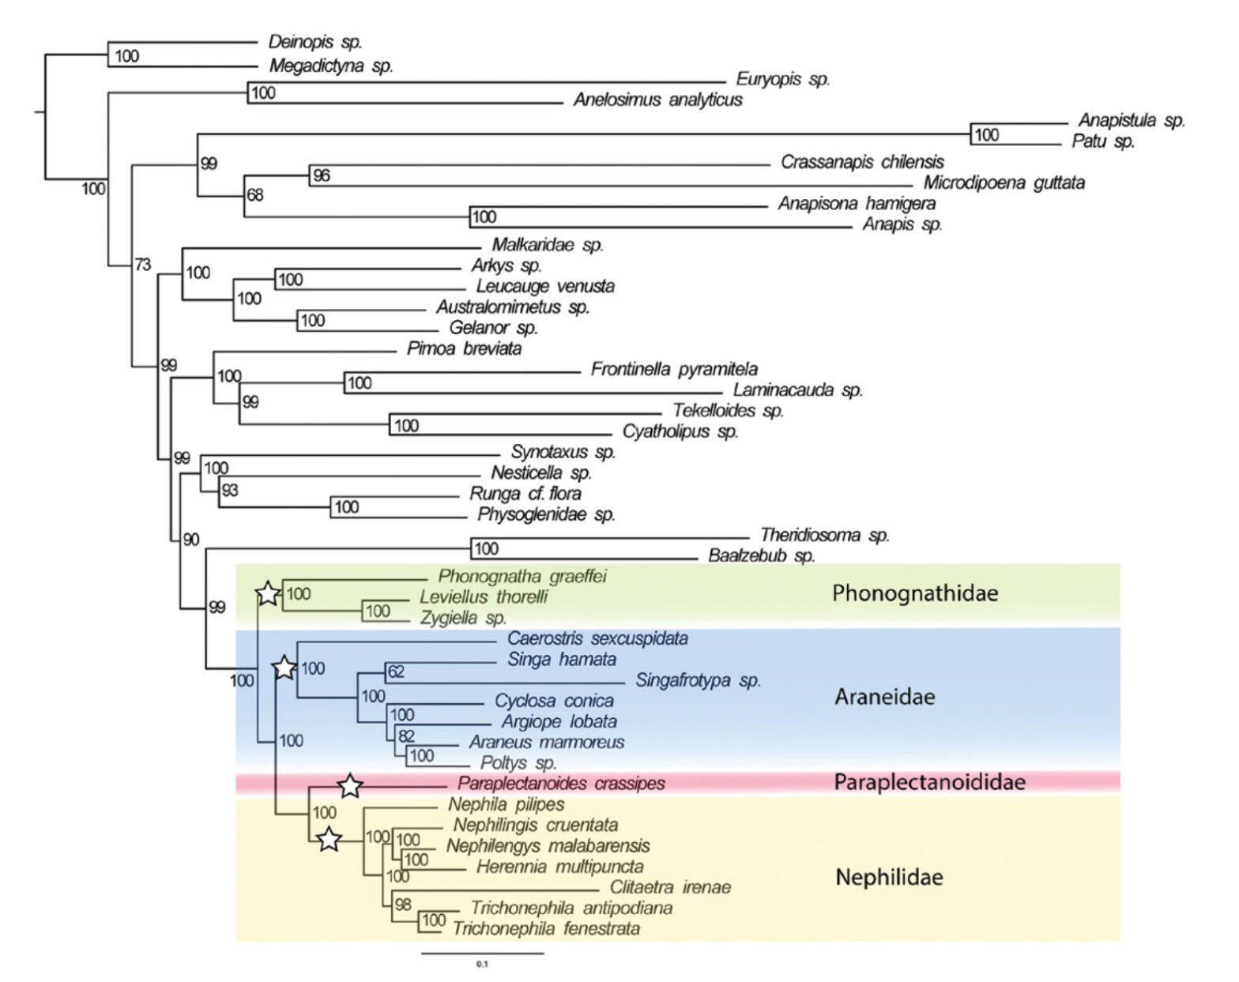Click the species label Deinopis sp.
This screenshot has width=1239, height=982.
(x=314, y=42)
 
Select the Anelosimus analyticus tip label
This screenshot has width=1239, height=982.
(x=657, y=100)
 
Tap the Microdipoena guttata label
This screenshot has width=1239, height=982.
(x=1004, y=182)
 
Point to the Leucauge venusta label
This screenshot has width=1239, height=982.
(x=544, y=286)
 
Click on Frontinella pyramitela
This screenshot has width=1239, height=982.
(x=674, y=369)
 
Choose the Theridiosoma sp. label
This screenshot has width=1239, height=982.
(x=824, y=535)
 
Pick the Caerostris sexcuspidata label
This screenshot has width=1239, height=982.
(x=597, y=638)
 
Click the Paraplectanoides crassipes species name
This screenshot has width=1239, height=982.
(x=561, y=783)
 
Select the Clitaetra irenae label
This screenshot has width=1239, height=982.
(x=670, y=887)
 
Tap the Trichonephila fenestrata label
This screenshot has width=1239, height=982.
(x=546, y=928)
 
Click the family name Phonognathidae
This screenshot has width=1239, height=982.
(x=915, y=593)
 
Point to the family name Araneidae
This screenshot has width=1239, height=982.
(x=884, y=697)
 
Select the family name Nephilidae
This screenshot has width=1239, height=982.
(x=889, y=877)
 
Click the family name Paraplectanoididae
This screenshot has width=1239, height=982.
(x=929, y=782)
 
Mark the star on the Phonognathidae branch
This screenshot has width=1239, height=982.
(x=268, y=593)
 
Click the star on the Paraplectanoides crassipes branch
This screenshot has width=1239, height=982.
(x=350, y=786)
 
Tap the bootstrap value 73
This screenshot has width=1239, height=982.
(x=142, y=265)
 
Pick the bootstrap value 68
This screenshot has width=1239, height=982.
(x=254, y=194)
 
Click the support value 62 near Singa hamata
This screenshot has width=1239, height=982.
(x=396, y=672)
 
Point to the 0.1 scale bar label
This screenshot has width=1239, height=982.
(x=482, y=964)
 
